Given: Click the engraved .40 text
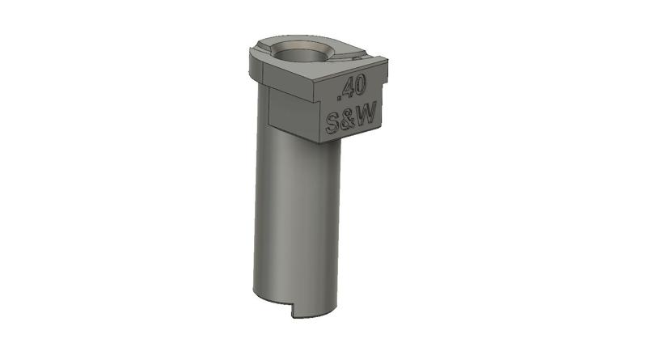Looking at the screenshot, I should (354, 88).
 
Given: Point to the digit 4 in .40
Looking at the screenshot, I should (350, 88).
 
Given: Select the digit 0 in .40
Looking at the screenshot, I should (362, 86).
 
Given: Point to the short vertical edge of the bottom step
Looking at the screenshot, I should (293, 310).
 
